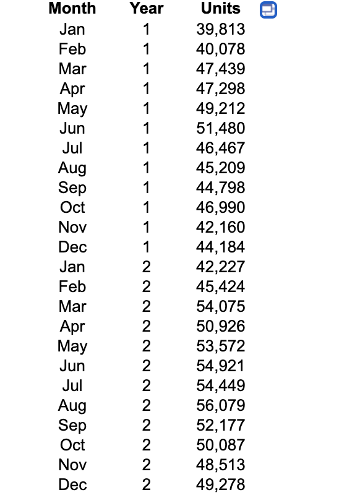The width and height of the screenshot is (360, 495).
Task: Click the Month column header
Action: tap(72, 9)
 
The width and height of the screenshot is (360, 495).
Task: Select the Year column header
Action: tap(147, 9)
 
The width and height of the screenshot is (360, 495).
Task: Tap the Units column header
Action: tap(221, 9)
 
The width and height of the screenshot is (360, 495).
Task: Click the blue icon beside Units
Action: tap(268, 10)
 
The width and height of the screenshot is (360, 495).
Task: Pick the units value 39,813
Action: tap(221, 29)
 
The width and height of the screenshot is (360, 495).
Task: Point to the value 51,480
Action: tap(221, 128)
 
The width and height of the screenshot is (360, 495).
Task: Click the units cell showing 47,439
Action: tap(221, 69)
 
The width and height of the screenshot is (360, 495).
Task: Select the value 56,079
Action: tap(221, 405)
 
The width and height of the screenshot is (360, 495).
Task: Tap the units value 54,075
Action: tap(221, 306)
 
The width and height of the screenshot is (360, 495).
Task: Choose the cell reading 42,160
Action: tap(221, 227)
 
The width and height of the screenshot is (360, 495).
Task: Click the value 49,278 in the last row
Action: tap(221, 484)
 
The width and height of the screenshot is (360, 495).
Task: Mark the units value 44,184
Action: tap(221, 247)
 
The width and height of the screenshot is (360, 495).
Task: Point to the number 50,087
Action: tap(221, 445)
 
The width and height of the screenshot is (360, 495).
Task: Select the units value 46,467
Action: tap(221, 148)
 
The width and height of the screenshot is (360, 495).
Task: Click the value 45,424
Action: tap(221, 286)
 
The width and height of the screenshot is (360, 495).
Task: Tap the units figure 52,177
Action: tap(221, 425)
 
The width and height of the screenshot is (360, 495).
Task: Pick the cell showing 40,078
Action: tap(221, 49)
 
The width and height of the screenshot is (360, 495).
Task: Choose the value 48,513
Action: tap(221, 465)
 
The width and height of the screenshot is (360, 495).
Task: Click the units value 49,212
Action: tap(221, 108)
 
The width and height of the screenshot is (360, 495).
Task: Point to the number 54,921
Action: tap(221, 366)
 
